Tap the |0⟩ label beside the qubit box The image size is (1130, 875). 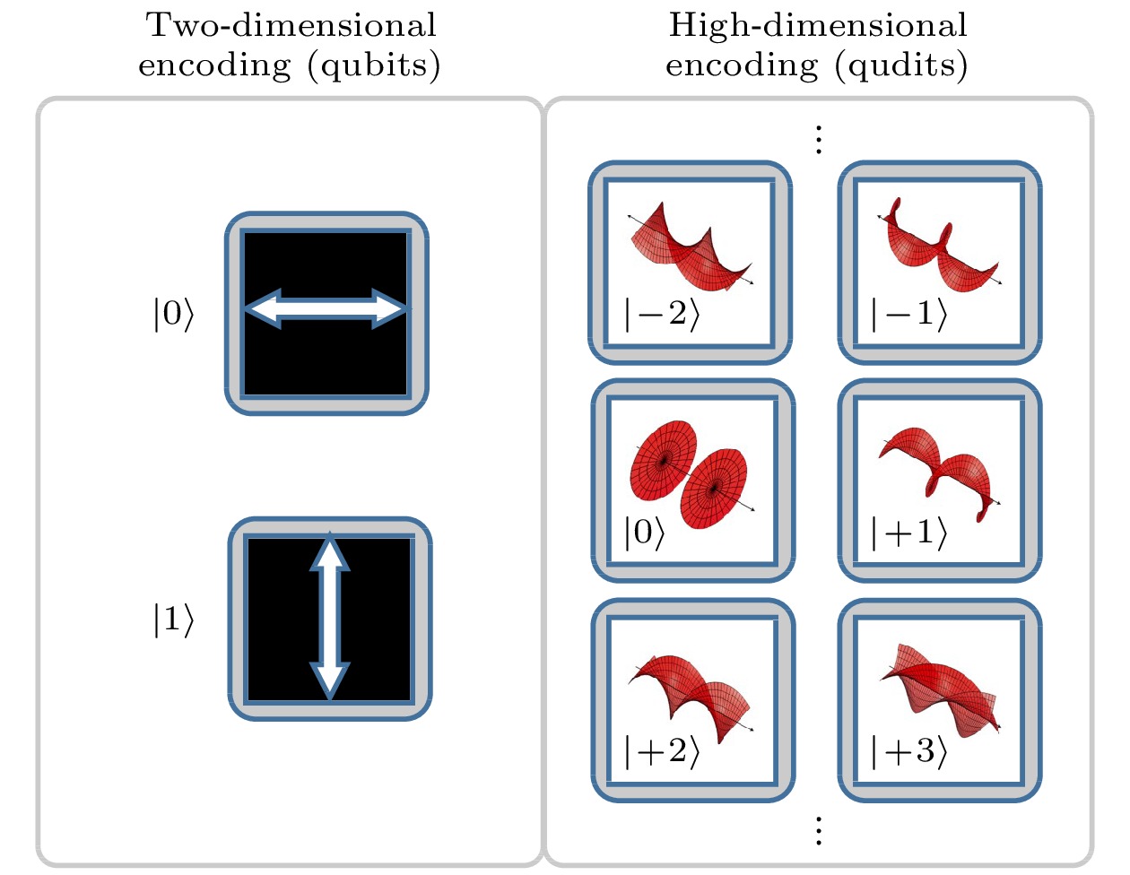pyautogui.click(x=173, y=315)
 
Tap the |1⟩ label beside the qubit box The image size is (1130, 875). pyautogui.click(x=173, y=619)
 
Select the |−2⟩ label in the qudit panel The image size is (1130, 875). pyautogui.click(x=661, y=315)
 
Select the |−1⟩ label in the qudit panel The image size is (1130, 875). pyautogui.click(x=908, y=315)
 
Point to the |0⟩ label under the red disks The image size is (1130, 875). pyautogui.click(x=644, y=533)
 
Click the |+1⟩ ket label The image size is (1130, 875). pyautogui.click(x=908, y=533)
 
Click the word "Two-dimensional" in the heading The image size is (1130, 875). pyautogui.click(x=291, y=25)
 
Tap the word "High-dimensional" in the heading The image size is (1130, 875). pyautogui.click(x=818, y=25)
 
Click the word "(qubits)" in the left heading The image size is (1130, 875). pyautogui.click(x=374, y=66)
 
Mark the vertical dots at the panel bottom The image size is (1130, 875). pyautogui.click(x=818, y=831)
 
